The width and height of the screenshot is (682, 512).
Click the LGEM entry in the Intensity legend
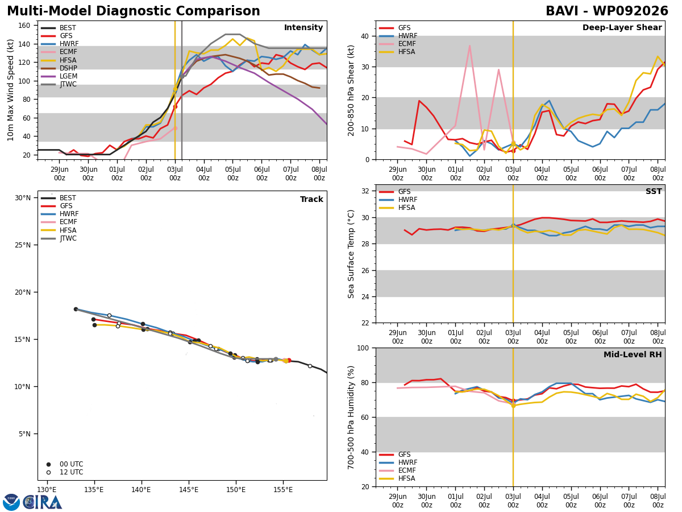pyautogui.click(x=59, y=76)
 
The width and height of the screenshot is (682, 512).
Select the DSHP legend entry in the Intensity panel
pyautogui.click(x=59, y=68)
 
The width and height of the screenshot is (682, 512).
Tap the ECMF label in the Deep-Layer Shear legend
pyautogui.click(x=397, y=44)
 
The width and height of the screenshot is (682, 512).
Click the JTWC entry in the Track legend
pyautogui.click(x=59, y=238)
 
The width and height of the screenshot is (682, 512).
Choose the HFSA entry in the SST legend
pyautogui.click(x=397, y=208)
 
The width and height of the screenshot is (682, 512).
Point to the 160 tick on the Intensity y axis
pyautogui.click(x=24, y=26)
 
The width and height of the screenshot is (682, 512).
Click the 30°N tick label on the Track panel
pyautogui.click(x=23, y=198)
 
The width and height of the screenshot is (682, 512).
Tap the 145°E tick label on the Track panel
pyautogui.click(x=189, y=490)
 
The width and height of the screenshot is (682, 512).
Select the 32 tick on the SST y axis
pyautogui.click(x=365, y=191)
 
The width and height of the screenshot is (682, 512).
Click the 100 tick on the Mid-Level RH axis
pyautogui.click(x=363, y=348)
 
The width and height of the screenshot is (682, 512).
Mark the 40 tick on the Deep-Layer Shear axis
pyautogui.click(x=365, y=36)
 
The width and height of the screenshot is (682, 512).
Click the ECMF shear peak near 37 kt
pyautogui.click(x=469, y=46)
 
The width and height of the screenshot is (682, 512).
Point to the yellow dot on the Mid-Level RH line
pyautogui.click(x=513, y=406)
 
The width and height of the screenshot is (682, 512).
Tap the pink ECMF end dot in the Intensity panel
pyautogui.click(x=175, y=128)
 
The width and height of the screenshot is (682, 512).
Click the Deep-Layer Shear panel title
pyautogui.click(x=622, y=28)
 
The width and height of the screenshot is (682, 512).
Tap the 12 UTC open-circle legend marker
pyautogui.click(x=48, y=473)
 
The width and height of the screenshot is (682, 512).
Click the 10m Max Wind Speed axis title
pyautogui.click(x=11, y=90)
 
